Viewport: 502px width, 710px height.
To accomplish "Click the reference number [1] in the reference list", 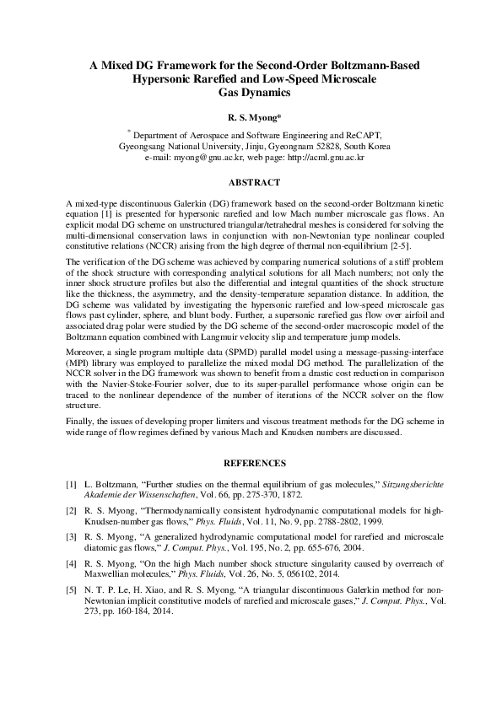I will (x=71, y=485).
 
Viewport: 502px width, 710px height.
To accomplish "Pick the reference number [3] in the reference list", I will (x=71, y=536).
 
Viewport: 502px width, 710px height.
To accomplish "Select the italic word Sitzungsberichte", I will (x=399, y=485).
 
